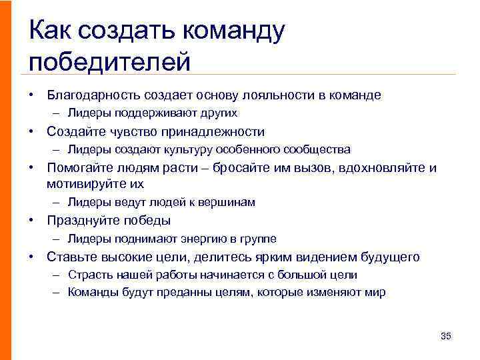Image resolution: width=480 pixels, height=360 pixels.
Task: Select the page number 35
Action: tap(446, 336)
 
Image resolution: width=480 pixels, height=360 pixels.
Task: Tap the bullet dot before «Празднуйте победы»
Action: tap(31, 221)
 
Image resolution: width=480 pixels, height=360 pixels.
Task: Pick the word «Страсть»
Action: tap(88, 275)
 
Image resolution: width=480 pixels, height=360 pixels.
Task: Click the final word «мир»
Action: tap(375, 292)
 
